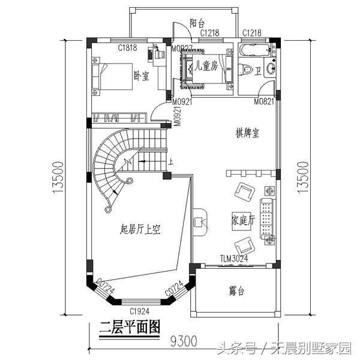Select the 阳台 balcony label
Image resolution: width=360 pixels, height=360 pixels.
(x=197, y=23)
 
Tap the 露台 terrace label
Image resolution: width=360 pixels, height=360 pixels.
(x=237, y=292)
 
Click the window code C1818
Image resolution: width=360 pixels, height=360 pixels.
(x=127, y=46)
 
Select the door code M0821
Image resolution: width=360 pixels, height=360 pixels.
(x=264, y=102)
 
